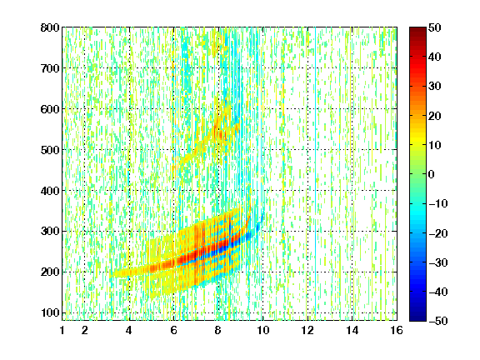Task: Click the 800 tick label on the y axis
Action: coord(50,27)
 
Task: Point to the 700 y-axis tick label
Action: coord(50,68)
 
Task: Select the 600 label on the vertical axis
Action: coord(50,109)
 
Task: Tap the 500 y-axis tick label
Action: coord(50,150)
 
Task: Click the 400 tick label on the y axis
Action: coord(50,191)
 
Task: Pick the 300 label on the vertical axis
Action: coord(50,232)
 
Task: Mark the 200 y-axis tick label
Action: coord(50,272)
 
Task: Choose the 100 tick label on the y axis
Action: coord(50,312)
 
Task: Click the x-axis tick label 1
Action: coord(62,330)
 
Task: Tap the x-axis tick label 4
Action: coord(129,330)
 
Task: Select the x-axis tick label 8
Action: coord(217,330)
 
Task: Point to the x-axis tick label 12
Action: coord(307,330)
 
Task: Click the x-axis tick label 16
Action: coord(397,330)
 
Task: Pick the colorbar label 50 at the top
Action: coord(434,27)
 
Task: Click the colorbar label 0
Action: coord(432,174)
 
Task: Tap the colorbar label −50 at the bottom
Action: coord(438,321)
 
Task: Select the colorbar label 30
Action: coord(434,87)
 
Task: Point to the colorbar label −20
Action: coord(438,233)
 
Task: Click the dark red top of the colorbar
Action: coord(417,31)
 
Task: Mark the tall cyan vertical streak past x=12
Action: coord(316,173)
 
